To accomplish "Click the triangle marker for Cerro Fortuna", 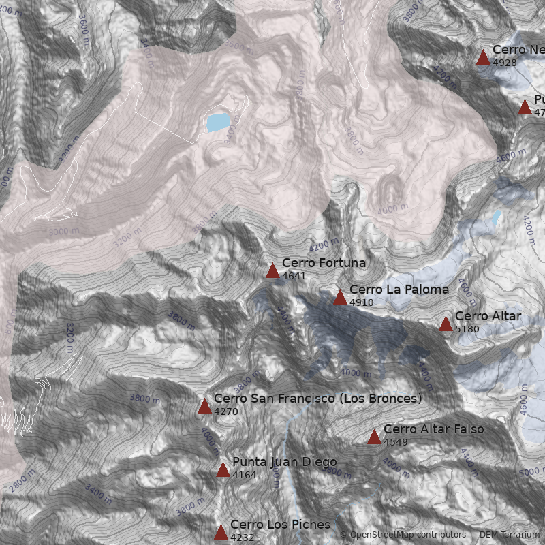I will (x=272, y=271).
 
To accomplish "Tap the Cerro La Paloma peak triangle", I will (x=340, y=297).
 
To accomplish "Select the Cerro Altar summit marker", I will (x=446, y=324).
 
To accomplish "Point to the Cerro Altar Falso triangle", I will (x=374, y=437).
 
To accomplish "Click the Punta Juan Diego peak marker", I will (x=223, y=469).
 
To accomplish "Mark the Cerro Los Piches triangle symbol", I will (x=221, y=532).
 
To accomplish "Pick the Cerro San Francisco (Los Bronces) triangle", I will (x=204, y=407).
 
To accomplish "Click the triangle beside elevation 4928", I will (x=483, y=57).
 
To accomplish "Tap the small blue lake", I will (x=218, y=123).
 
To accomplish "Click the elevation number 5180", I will (x=467, y=329).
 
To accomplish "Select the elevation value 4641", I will (x=294, y=276).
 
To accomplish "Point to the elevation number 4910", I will (x=361, y=302).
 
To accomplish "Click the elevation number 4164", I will (x=244, y=475).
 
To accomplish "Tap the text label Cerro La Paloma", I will (x=399, y=290).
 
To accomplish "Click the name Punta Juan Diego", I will (x=284, y=462).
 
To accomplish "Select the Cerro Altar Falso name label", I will (x=433, y=429).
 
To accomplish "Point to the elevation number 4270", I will (x=225, y=411).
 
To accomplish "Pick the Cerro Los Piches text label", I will (x=279, y=525).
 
